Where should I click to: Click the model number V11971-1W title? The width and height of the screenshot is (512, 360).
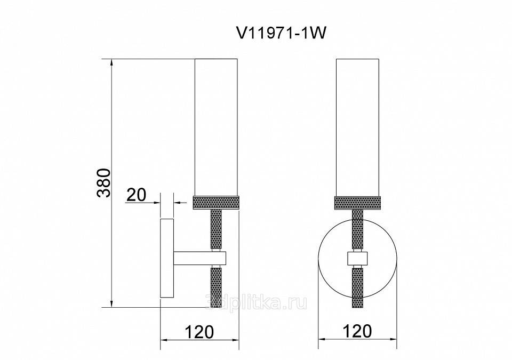[x=281, y=33]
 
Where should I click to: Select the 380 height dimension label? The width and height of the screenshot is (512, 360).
[x=104, y=183]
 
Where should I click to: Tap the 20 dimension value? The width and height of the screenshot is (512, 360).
[x=136, y=195]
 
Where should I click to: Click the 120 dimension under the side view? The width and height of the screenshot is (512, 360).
[x=199, y=332]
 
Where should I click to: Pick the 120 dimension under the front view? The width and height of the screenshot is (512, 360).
[x=357, y=331]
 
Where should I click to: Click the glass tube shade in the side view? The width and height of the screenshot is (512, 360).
[x=216, y=127]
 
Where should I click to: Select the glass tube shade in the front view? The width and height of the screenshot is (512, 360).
[x=357, y=127]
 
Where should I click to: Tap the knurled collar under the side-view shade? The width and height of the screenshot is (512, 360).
[x=216, y=203]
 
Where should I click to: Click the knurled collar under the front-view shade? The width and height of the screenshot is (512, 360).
[x=357, y=203]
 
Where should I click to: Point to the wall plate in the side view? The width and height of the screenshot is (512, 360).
[x=167, y=258]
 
